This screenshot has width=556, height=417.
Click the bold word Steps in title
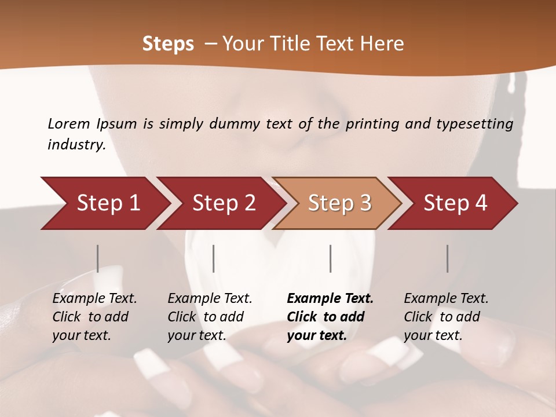168,44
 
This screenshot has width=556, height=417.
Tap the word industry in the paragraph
76,144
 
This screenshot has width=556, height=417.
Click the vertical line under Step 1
97,258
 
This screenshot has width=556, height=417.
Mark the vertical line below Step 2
214,258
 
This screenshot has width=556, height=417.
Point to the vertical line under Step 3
330,258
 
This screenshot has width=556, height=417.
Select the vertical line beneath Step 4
447,258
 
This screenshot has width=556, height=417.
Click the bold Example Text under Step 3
330,299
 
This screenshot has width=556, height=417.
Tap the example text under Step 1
94,317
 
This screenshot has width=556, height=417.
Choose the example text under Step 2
210,317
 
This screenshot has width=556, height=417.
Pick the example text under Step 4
446,317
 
